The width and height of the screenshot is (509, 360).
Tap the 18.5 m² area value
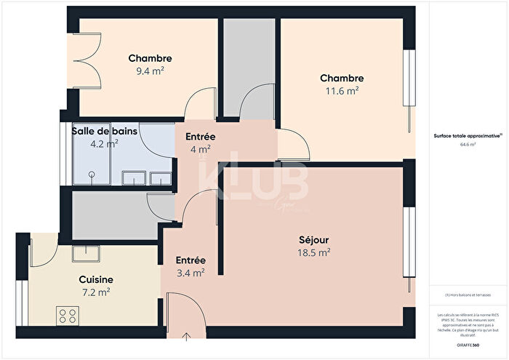coord(315,252)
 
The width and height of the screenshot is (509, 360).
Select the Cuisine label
coord(95,279)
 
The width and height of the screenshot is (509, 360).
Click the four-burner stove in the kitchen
coord(68,315)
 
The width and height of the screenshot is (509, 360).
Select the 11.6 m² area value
coord(342,91)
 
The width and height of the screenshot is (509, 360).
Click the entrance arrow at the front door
coord(187,335)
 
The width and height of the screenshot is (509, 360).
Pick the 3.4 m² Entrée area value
coord(191,273)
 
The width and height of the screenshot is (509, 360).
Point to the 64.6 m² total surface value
coord(468,144)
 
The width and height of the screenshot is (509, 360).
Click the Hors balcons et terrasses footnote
coord(468,295)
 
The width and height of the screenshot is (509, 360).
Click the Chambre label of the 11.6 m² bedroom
coord(342,78)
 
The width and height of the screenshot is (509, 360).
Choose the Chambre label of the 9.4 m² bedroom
coord(150,58)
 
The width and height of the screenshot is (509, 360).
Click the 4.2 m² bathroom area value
coord(103,143)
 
